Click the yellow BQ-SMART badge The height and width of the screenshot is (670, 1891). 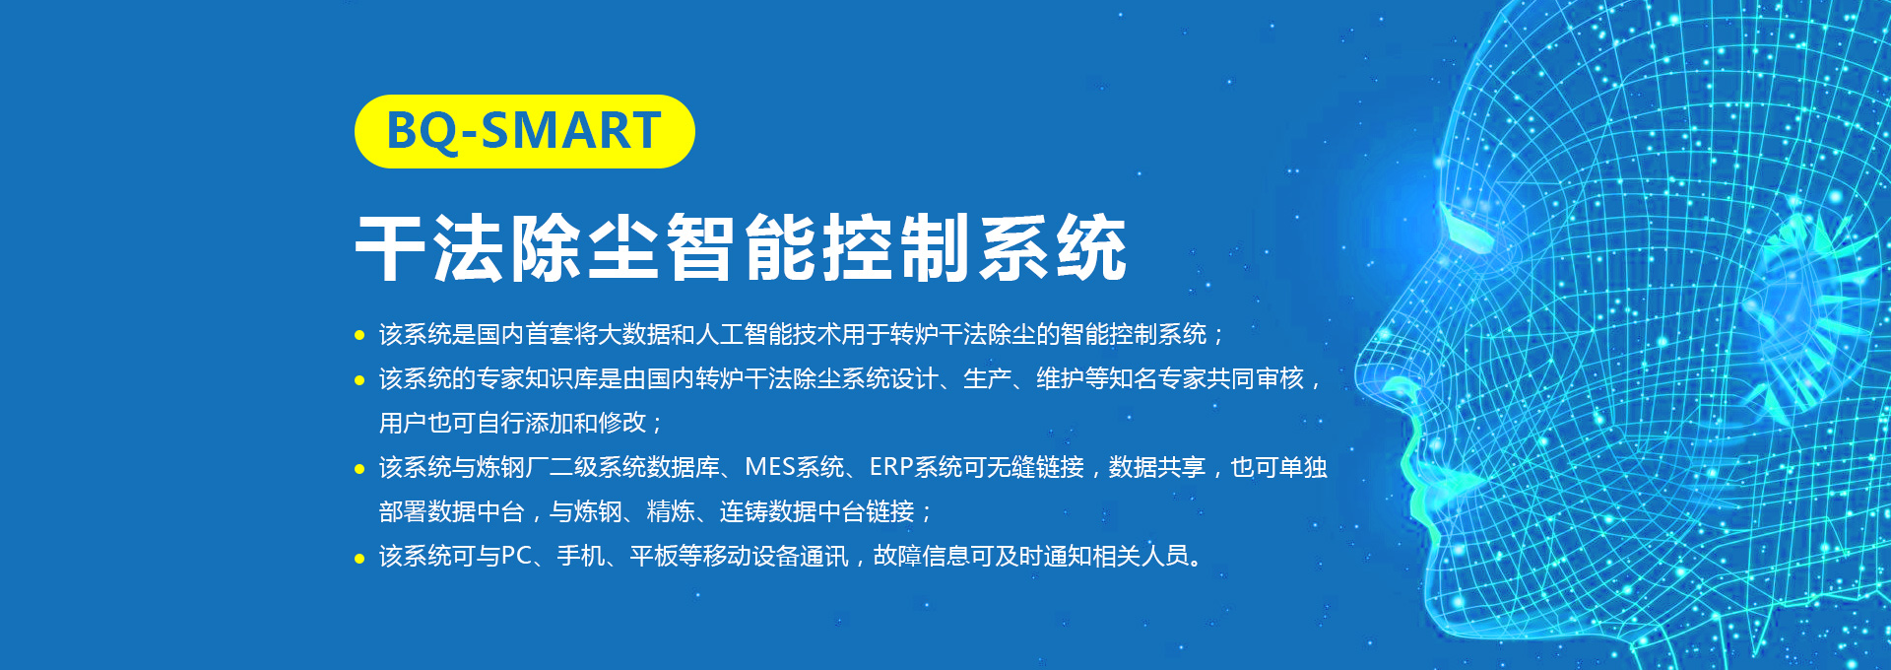tap(524, 131)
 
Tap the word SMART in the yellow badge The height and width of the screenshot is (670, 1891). tap(571, 131)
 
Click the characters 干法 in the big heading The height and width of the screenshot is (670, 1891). tap(430, 247)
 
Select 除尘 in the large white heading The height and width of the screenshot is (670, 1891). tap(586, 247)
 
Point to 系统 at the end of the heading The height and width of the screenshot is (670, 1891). tap(1053, 247)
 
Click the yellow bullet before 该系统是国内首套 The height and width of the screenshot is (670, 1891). tap(359, 336)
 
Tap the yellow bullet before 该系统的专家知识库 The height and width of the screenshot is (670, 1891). tap(359, 380)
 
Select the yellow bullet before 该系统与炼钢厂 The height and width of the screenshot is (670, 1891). tap(359, 469)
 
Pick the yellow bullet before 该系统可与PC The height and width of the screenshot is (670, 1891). tap(359, 559)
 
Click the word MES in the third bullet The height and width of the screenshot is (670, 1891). tap(770, 467)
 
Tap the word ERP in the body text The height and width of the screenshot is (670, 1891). tap(891, 467)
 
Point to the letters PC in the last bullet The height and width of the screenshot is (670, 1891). tap(516, 557)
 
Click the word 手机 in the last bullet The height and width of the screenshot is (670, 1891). tap(581, 557)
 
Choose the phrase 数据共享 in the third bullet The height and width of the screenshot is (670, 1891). tap(1157, 467)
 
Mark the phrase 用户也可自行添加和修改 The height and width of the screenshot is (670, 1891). tap(512, 424)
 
